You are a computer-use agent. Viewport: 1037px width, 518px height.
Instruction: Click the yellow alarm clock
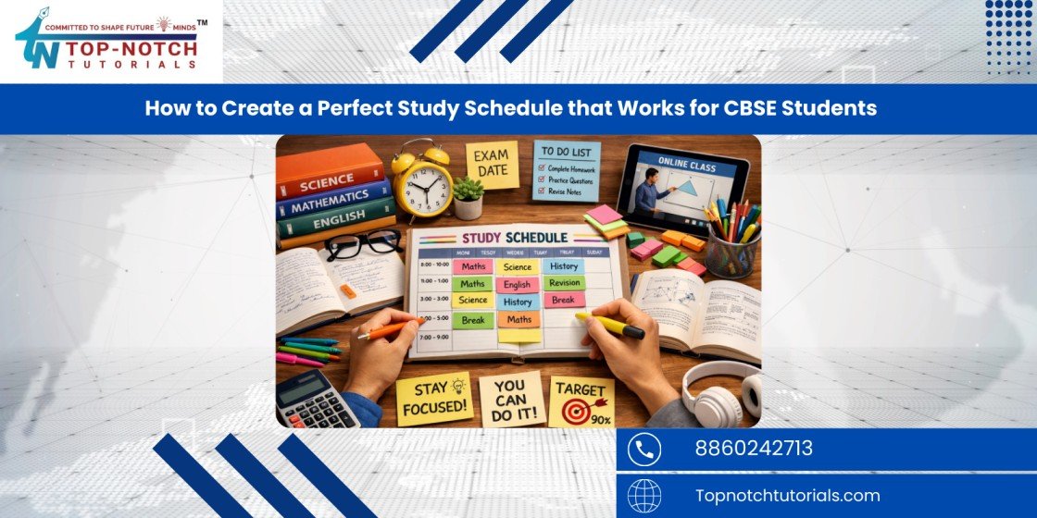tap(421, 181)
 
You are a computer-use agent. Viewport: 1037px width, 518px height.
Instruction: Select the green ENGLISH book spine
tap(336, 226)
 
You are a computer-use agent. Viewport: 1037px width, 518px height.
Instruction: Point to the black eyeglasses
tap(363, 244)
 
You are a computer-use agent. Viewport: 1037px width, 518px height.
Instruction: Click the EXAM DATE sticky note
tap(492, 165)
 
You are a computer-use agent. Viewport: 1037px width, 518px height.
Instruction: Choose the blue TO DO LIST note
tap(566, 170)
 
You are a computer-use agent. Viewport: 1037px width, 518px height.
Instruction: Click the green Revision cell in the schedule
tap(563, 283)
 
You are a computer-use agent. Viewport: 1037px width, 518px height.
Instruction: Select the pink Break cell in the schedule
tap(563, 301)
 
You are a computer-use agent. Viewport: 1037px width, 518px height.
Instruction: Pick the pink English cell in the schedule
tap(518, 285)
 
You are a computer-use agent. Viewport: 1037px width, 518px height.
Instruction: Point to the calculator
tap(318, 397)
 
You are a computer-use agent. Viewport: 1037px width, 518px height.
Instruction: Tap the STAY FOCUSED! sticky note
tap(433, 398)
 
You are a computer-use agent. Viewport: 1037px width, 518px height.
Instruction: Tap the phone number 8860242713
tap(754, 449)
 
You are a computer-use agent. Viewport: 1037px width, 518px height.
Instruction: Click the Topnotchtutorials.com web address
tap(787, 495)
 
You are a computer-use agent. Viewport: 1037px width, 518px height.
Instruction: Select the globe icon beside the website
tap(643, 496)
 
